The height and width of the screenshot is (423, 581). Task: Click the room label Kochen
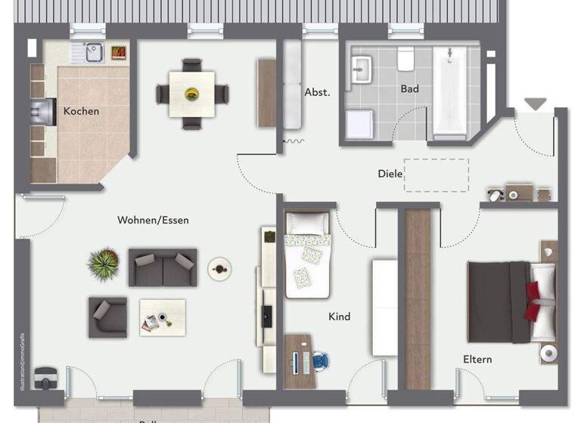pos(81,111)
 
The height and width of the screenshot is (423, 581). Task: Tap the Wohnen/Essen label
pos(153,221)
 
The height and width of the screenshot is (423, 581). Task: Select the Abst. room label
pos(317,92)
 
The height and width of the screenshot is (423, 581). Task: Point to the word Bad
pos(409,89)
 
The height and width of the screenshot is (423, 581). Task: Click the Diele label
pos(390,174)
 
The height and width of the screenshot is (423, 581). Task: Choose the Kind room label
pos(340,316)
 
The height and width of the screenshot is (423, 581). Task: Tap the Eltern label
pos(477,359)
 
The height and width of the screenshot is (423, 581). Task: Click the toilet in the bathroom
pos(405,57)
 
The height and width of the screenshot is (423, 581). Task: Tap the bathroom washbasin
pos(361,69)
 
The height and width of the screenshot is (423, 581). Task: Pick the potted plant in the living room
pos(103,264)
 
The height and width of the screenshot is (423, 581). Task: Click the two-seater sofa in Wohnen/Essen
pos(162,267)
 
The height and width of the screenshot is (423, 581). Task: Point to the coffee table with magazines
pos(162,317)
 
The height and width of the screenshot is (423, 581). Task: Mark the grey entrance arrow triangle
pos(536,104)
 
